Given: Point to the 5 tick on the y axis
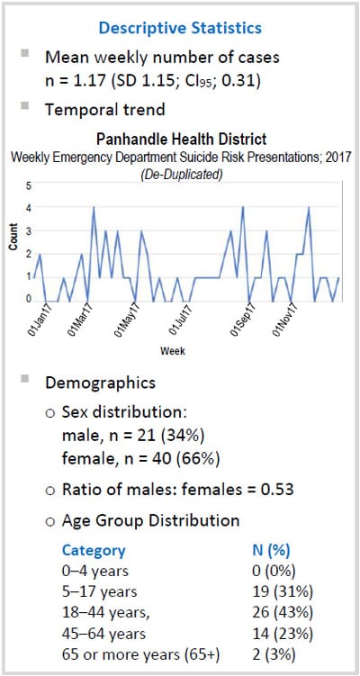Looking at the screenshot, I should (27, 186).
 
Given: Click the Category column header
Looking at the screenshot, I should (93, 550).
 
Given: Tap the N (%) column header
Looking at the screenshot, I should (273, 550).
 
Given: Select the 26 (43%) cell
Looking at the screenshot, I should (281, 611).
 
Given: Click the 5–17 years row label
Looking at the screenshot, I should (99, 591).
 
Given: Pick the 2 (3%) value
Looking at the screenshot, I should (274, 653).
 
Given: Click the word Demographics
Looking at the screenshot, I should (100, 383).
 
